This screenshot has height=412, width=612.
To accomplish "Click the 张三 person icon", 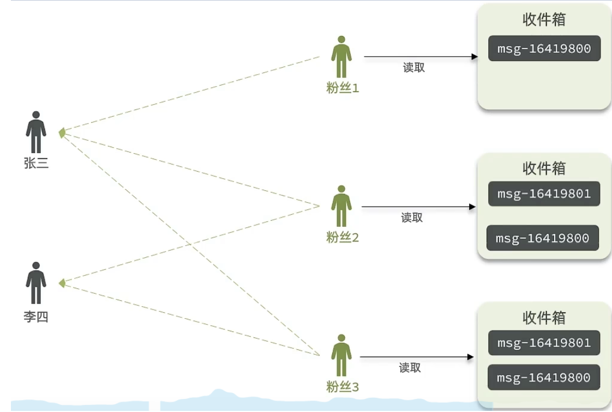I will (36, 132).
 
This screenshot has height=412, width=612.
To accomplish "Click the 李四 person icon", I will (36, 283).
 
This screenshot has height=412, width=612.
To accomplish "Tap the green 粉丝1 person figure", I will (341, 57).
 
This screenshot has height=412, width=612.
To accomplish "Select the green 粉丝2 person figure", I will (341, 206).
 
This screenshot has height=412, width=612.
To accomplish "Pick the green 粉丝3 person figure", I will (341, 355).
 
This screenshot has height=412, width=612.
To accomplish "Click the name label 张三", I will (36, 163).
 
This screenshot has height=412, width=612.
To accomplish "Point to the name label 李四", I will (36, 317).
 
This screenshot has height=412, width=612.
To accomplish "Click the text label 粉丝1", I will (343, 88).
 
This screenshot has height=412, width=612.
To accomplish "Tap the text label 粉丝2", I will (343, 238).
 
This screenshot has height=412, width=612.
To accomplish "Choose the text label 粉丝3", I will (343, 387).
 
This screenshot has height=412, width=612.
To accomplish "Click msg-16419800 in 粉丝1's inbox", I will (544, 49).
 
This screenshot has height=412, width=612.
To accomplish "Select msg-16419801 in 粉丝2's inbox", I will (544, 193).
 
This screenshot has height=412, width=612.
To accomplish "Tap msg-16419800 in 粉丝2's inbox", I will (542, 238).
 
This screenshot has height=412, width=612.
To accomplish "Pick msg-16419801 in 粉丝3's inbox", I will (544, 343).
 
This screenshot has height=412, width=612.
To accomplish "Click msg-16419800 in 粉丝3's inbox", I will (544, 378).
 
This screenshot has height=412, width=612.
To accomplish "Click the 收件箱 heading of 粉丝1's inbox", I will (544, 20).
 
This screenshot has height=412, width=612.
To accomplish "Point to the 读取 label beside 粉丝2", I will (412, 218).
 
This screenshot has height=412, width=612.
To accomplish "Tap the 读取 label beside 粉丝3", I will (410, 368).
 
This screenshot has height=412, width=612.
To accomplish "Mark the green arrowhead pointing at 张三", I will (62, 132).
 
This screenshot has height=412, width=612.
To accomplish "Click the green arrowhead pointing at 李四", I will (62, 283).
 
